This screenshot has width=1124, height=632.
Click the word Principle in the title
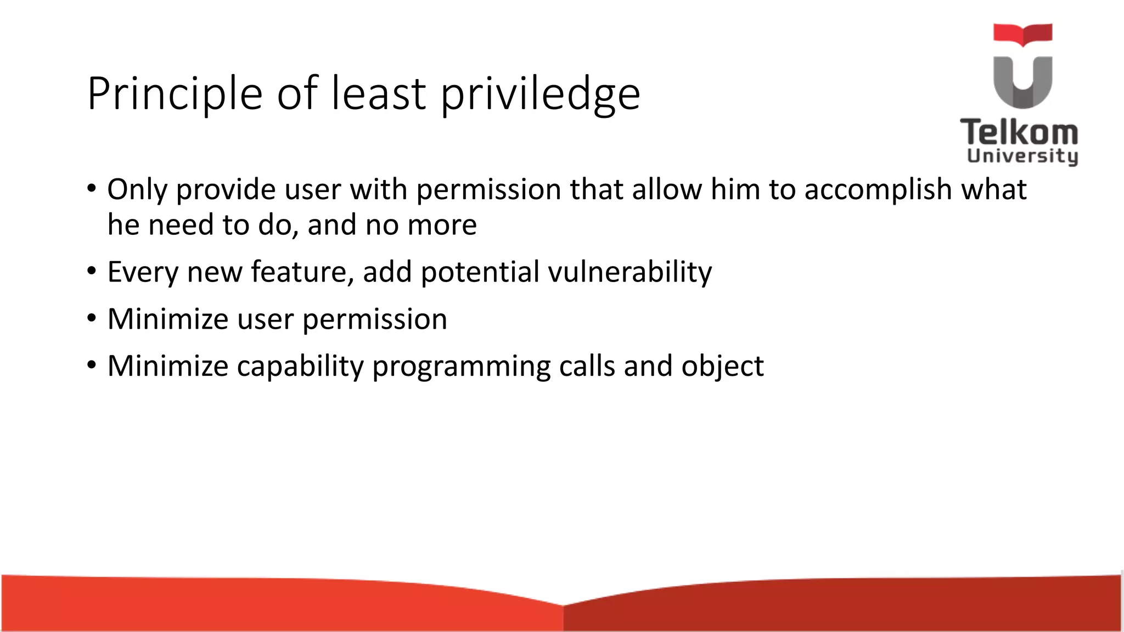[175, 94]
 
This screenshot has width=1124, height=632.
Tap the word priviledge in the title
[540, 94]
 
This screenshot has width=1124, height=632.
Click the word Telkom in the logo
[1019, 133]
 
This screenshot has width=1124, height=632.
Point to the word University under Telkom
[1022, 156]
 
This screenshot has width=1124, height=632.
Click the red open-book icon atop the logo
[1022, 34]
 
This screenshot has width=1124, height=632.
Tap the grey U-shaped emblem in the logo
[1022, 82]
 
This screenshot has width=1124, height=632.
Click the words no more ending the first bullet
[421, 225]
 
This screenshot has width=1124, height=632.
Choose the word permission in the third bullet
[374, 319]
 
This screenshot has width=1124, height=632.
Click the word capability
[300, 366]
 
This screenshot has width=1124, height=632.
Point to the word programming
[461, 366]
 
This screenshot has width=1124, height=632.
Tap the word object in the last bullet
[722, 366]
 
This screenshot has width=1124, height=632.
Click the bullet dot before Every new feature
[92, 271]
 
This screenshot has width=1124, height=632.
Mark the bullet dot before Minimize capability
[92, 365]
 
